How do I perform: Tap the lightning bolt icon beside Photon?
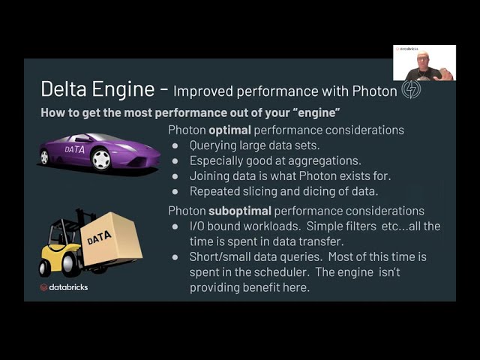(x=411, y=90)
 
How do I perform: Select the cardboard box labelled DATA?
(x=109, y=238)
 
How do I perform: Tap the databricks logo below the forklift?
(x=64, y=287)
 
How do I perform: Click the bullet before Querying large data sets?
(x=175, y=145)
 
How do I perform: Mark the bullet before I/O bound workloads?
(x=175, y=226)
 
